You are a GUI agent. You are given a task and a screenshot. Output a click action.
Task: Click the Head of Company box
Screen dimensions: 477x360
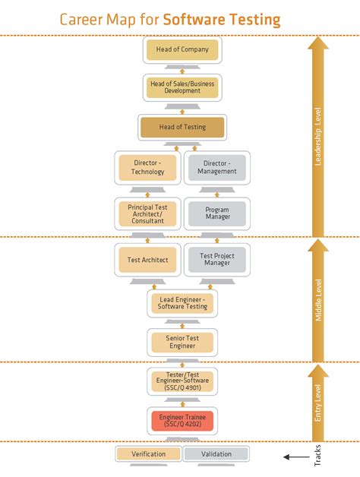pos(182,51)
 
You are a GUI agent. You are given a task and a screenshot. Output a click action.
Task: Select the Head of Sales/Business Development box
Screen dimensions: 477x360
pos(182,87)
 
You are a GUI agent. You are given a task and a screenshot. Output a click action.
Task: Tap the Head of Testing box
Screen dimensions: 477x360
pos(182,127)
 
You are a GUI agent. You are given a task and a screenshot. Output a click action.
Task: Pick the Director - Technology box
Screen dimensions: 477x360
pos(149,167)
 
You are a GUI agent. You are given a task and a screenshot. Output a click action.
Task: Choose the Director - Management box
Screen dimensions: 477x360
pos(216,167)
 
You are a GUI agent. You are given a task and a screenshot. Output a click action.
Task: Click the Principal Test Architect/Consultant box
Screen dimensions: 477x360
pos(149,213)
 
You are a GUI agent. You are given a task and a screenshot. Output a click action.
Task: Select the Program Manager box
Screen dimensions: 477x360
pos(216,213)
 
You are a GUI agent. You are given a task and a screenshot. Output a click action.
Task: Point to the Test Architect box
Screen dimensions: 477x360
pos(149,260)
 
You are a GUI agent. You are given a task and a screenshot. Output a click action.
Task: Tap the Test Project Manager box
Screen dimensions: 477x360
pos(216,260)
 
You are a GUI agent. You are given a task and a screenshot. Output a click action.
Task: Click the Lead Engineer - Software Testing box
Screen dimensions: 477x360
pos(182,303)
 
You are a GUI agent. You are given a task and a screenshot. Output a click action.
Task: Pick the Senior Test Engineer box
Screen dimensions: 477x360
pos(182,342)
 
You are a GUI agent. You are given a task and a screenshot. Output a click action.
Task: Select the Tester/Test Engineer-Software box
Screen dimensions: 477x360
pos(182,381)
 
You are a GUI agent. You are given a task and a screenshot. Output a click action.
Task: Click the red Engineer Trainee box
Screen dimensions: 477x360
pos(182,420)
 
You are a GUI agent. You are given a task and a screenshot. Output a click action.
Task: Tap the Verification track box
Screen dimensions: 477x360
pos(149,454)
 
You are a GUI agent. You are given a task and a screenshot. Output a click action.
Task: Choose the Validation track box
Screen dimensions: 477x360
pos(216,454)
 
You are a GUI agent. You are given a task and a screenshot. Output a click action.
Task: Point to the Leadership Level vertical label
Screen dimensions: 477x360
pos(318,137)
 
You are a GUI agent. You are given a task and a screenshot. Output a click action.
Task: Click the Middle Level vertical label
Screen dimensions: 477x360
pos(318,300)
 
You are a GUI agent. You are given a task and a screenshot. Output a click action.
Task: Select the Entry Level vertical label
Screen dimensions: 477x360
pos(318,403)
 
